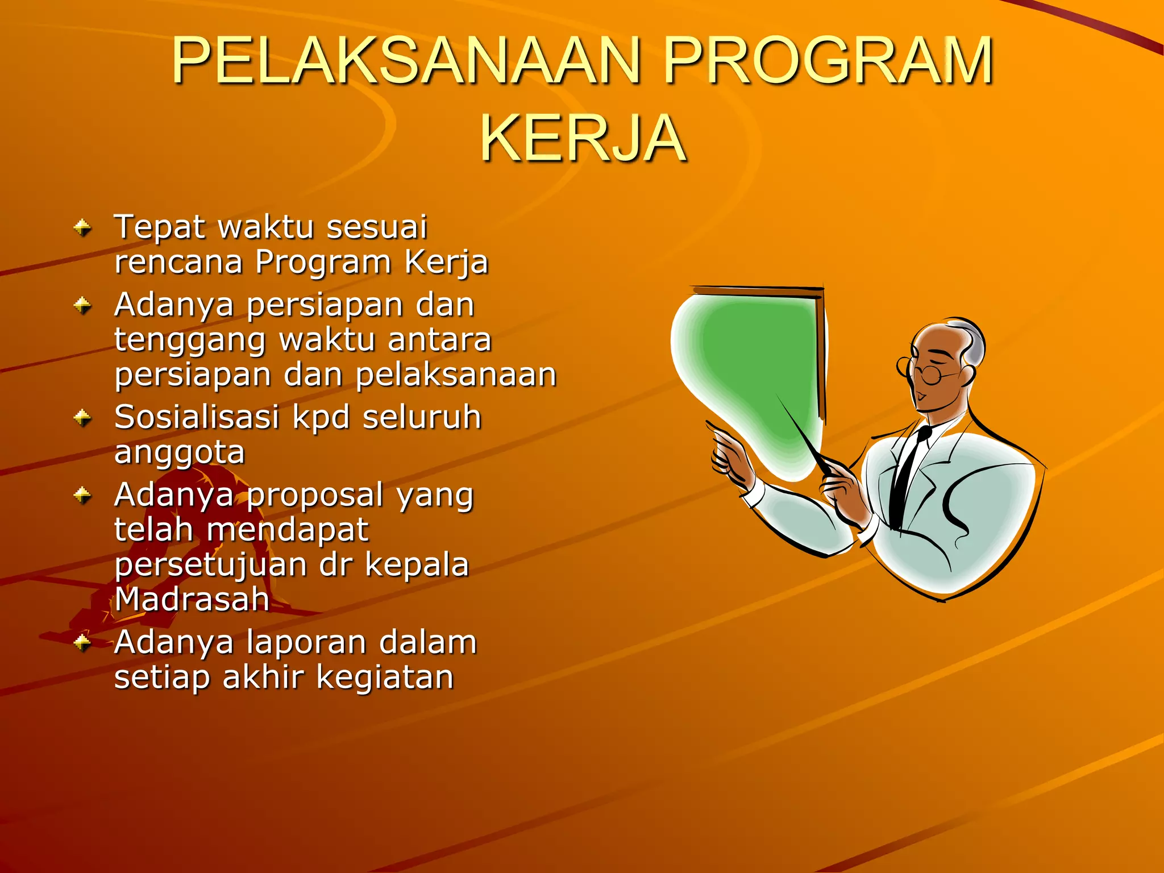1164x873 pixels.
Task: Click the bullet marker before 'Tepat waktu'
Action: (83, 228)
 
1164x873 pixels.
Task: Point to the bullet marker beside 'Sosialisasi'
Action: (83, 419)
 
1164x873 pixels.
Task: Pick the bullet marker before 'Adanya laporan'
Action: (83, 643)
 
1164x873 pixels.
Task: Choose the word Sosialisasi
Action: (197, 418)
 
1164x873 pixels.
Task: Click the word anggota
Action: (180, 454)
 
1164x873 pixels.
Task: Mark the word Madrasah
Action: (192, 600)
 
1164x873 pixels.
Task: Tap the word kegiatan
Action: (385, 678)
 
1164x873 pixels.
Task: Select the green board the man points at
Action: (756, 369)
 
